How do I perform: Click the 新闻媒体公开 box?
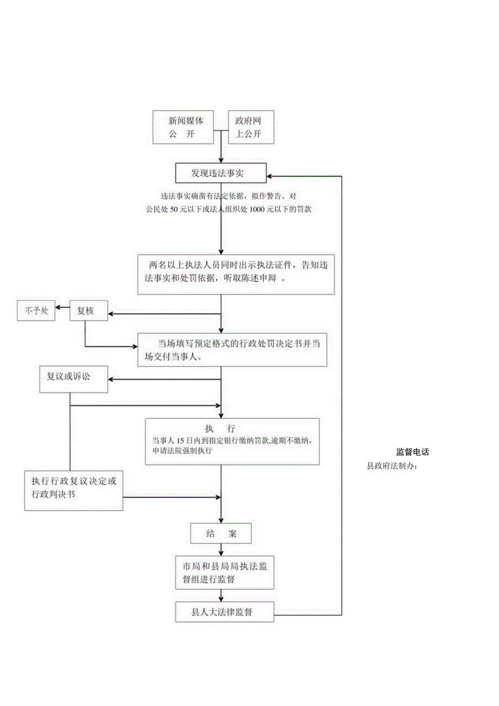tap(182, 128)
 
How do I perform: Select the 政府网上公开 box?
tap(251, 128)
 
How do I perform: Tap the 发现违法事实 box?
tap(220, 173)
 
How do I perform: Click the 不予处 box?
tap(36, 311)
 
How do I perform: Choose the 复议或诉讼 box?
tap(74, 379)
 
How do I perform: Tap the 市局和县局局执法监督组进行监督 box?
tap(225, 573)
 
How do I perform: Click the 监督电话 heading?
tap(412, 451)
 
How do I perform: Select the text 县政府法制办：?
tap(392, 466)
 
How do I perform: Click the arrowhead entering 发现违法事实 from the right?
tap(269, 176)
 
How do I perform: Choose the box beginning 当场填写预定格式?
tap(232, 350)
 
